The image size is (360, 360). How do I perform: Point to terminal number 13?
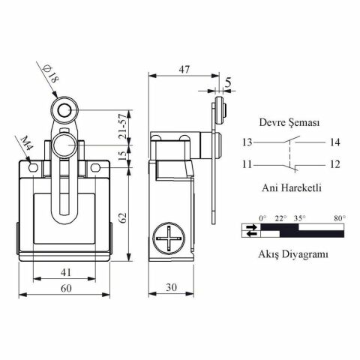coord(247,141)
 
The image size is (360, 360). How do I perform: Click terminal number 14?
coord(334,141)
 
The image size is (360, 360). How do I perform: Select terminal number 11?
coord(247,164)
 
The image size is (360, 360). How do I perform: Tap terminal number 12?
coord(334,164)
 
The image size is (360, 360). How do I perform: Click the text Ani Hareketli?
coord(290,188)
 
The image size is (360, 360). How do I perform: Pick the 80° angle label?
coord(339,218)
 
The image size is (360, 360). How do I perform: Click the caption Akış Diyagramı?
coord(292,254)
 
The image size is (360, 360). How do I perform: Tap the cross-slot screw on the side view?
coord(171,241)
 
